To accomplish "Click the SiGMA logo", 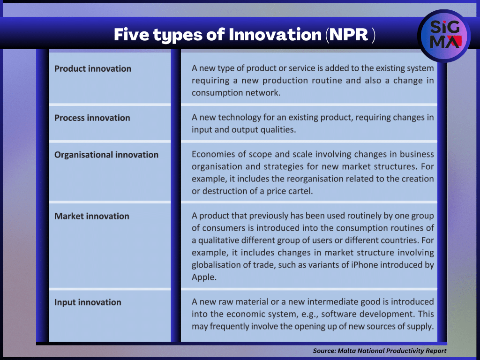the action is [444, 36].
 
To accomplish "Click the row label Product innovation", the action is [93, 68].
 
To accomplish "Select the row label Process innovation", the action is [92, 118].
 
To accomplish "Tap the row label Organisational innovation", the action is [106, 155].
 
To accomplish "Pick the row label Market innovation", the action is [92, 216].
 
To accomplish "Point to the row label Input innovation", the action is [88, 302].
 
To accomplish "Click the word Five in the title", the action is [131, 34].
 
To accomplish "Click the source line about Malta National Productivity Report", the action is [380, 351].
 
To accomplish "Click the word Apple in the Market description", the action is [204, 277].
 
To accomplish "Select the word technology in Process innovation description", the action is [240, 118].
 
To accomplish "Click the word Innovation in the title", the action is [275, 34].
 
